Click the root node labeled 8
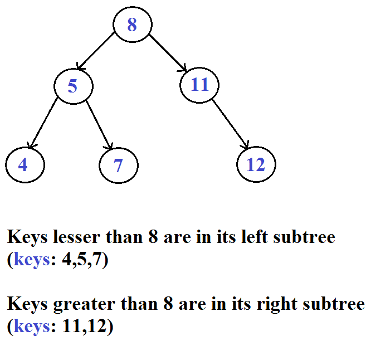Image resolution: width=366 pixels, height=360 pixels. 132,25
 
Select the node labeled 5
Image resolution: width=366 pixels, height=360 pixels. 73,86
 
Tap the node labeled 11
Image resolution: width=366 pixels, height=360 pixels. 199,85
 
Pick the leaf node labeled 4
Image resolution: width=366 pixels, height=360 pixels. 24,166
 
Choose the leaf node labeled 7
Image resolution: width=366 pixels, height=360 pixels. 118,166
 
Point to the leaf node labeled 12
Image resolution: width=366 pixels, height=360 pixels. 256,165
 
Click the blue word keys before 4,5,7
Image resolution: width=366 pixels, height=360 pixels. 32,260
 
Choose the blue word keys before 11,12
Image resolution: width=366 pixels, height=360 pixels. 32,327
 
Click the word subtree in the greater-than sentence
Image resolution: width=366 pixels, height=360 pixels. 334,304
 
